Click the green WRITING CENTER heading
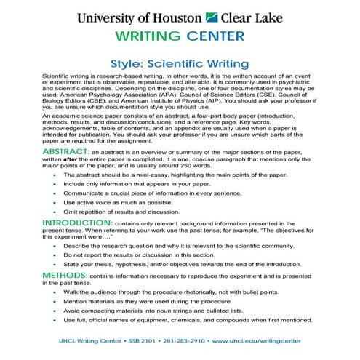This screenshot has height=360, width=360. pos(180,36)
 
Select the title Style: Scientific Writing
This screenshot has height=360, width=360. pos(180,65)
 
